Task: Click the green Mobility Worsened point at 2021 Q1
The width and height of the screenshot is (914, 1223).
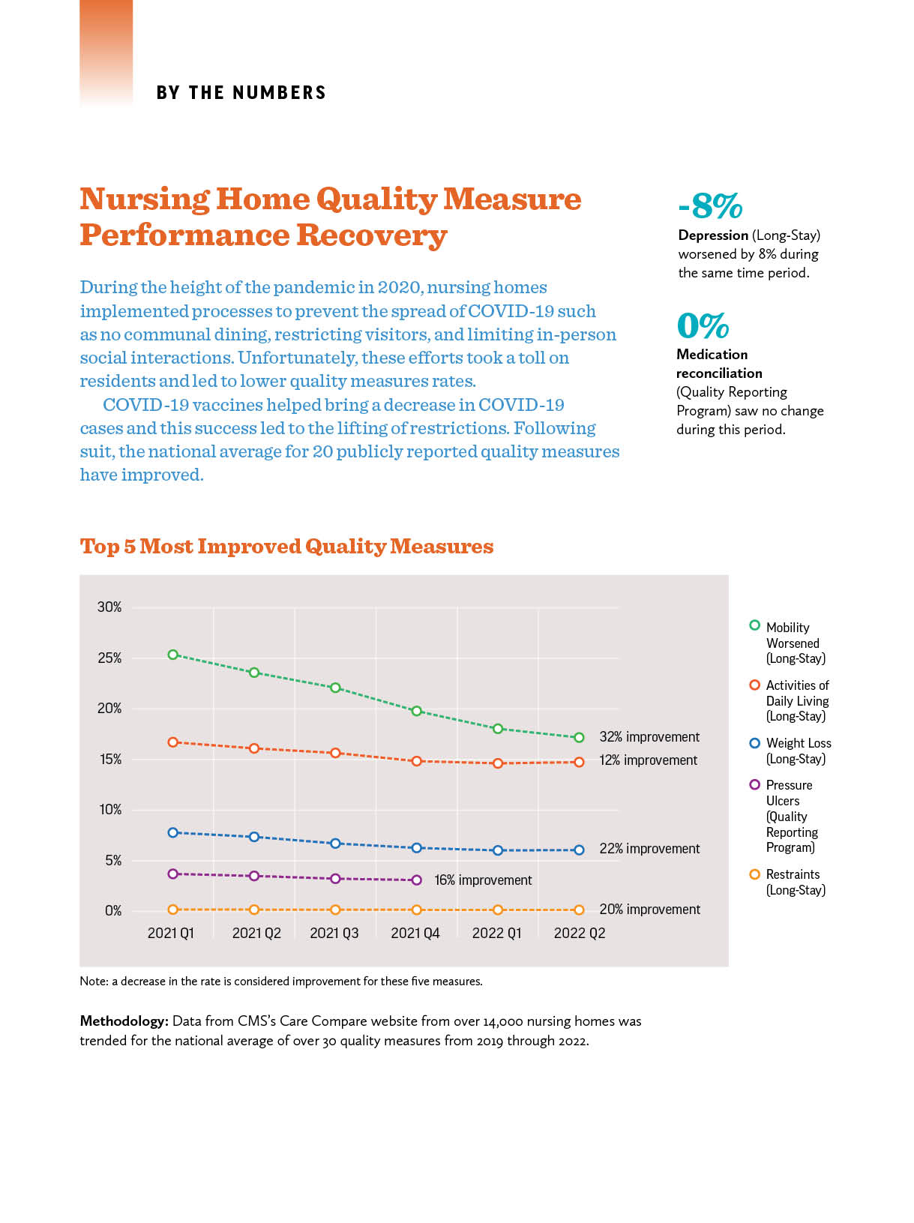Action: [x=172, y=654]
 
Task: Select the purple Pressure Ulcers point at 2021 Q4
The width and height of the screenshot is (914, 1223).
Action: [x=416, y=880]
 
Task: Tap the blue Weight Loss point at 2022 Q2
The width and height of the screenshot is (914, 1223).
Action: [x=579, y=850]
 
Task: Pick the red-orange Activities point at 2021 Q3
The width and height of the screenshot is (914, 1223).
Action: [x=335, y=753]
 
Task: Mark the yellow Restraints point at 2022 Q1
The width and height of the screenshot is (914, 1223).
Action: [x=498, y=910]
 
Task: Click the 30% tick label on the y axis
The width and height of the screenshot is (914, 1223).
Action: [x=109, y=607]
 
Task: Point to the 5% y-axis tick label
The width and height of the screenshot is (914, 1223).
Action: [x=113, y=860]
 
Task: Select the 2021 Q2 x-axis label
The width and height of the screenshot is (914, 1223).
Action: [x=256, y=933]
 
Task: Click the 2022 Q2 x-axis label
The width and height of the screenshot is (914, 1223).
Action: [x=580, y=933]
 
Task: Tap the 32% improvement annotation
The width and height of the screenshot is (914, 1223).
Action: [x=649, y=736]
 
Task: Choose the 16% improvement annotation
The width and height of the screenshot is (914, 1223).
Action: [x=483, y=880]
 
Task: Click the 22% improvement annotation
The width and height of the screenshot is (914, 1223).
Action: [x=649, y=849]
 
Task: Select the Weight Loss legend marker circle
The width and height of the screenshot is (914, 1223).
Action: [x=755, y=742]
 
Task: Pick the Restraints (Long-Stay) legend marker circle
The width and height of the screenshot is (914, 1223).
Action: [x=755, y=874]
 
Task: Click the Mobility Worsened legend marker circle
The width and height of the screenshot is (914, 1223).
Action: [x=755, y=625]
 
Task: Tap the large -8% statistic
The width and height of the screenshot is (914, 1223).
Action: [x=710, y=205]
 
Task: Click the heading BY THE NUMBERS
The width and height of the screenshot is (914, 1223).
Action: [x=241, y=92]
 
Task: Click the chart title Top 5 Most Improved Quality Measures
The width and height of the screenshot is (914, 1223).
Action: [x=286, y=546]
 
